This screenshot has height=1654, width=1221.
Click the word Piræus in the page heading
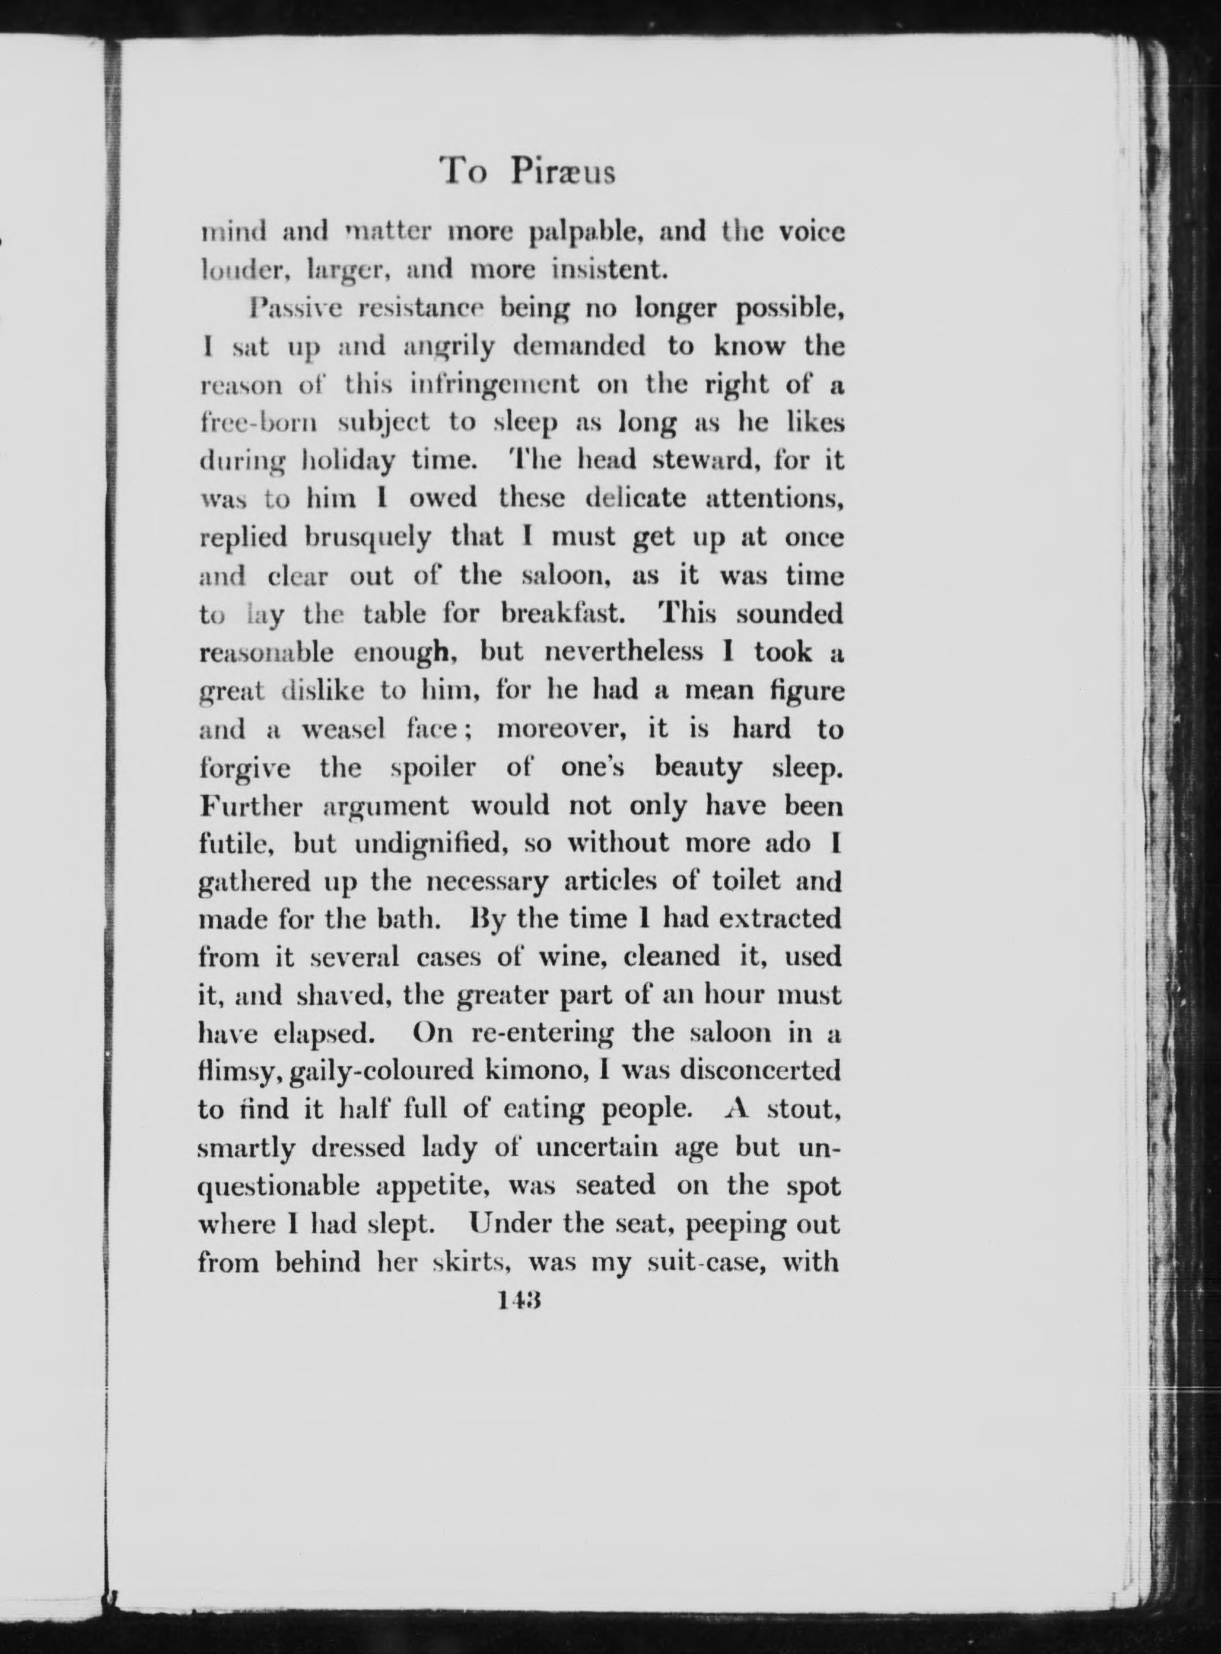coord(562,172)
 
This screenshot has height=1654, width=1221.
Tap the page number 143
coord(520,1299)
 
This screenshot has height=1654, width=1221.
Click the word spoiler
coord(433,767)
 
